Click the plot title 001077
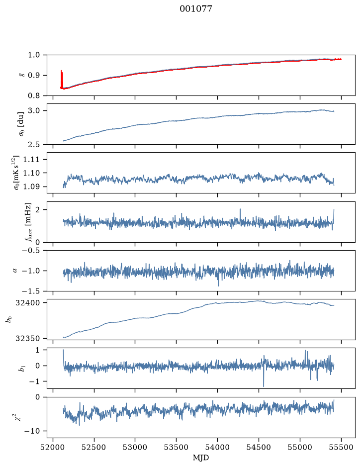coord(195,9)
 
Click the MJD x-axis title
coord(201,458)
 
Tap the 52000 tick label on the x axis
coord(53,447)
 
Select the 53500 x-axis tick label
coord(177,447)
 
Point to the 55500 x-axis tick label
coord(341,447)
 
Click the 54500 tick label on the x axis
coord(259,447)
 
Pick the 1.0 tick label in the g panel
coord(34,55)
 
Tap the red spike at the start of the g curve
coord(62,79)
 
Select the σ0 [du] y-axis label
coord(21,124)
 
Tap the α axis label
coord(15,271)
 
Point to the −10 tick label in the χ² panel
coord(32,431)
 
